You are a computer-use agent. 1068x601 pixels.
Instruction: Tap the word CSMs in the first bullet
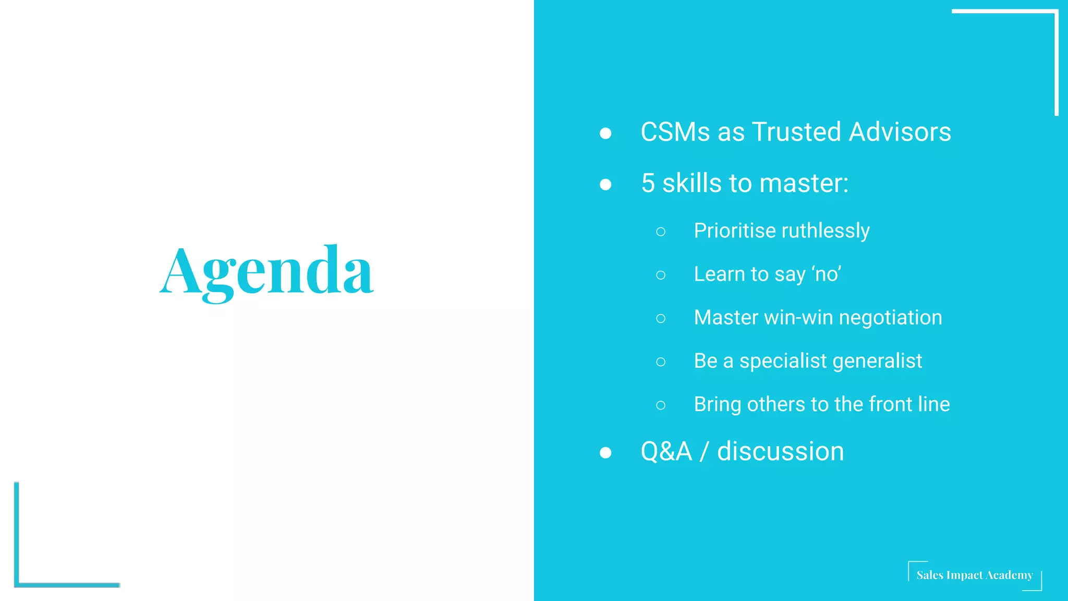coord(675,132)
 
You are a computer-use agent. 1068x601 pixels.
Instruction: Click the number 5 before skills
coord(648,184)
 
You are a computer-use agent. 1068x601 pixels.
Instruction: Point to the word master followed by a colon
coord(804,184)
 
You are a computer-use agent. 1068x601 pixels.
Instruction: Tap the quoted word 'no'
coord(827,274)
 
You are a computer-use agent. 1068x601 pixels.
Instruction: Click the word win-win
coord(798,318)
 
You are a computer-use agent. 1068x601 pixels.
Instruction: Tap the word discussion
coord(780,452)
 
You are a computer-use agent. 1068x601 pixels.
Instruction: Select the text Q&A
coord(666,452)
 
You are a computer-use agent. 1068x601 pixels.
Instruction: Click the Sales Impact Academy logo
coord(974,575)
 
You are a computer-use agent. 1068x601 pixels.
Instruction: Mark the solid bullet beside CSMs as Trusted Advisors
coord(605,134)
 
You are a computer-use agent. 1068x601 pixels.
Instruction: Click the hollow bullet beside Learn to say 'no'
coord(661,275)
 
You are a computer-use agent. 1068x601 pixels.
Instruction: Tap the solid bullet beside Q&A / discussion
coord(605,452)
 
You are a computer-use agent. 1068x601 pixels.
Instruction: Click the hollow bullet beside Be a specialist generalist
coord(661,362)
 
